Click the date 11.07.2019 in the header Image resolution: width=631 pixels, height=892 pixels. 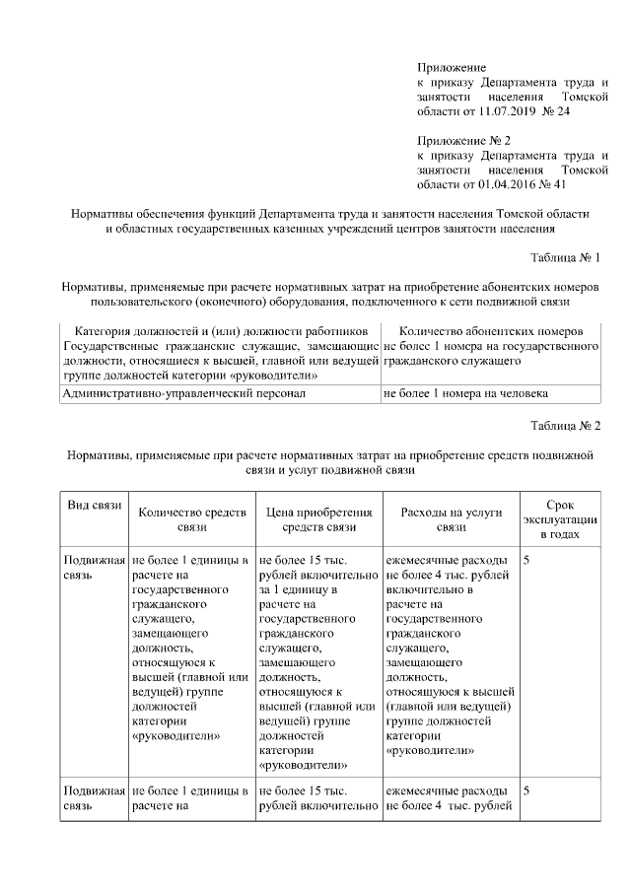coord(510,112)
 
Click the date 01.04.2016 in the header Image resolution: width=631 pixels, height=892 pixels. coord(510,183)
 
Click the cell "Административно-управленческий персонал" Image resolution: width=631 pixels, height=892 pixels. coord(183,394)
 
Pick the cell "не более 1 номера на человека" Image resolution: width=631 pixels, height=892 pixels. coord(465,394)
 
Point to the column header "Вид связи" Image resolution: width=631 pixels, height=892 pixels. coord(94,506)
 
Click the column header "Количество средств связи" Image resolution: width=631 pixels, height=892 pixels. coord(191,519)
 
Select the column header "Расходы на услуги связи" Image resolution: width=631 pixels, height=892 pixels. coord(452,519)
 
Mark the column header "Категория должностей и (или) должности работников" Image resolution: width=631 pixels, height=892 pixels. coord(220,331)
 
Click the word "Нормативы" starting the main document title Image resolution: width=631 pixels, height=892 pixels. coord(104,214)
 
